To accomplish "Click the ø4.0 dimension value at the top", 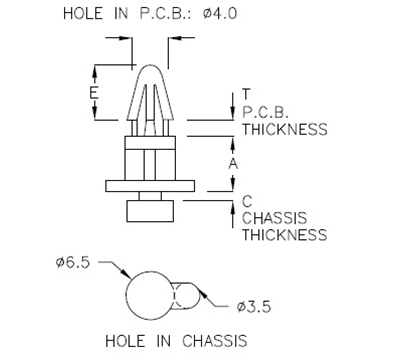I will tap(226, 15).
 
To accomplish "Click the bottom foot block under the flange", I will tap(151, 210).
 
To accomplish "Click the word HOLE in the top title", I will tap(83, 15).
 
